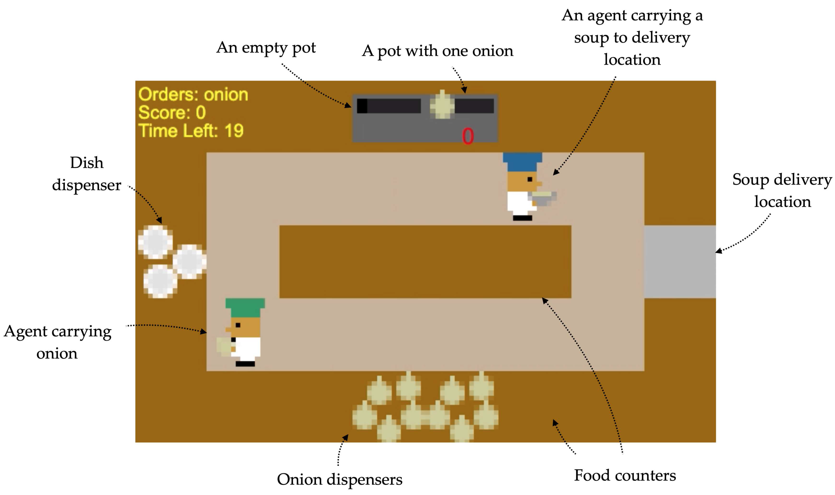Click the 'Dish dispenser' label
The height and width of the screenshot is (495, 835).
pos(87,174)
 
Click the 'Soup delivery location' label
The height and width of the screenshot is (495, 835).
pos(782,191)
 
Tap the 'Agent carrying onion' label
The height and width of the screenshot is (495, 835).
pos(57,342)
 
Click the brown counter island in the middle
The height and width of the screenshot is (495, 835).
pos(425,261)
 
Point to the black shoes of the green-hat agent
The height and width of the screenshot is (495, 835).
pos(245,364)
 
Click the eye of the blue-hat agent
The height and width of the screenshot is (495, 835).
pos(530,179)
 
